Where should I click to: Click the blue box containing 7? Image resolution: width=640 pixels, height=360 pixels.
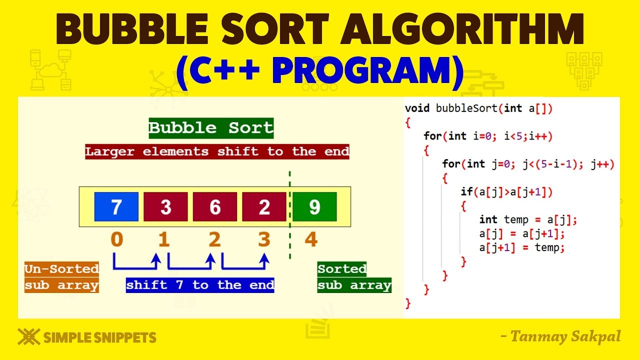[116, 206]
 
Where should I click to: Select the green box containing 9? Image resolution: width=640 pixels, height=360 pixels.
[314, 206]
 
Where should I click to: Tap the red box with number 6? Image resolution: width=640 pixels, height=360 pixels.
[215, 206]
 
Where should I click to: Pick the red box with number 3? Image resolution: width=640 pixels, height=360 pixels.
[165, 206]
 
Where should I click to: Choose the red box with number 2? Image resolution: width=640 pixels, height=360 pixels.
[264, 206]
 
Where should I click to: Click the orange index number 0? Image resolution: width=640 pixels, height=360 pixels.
[117, 240]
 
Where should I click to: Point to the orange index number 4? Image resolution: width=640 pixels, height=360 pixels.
[311, 240]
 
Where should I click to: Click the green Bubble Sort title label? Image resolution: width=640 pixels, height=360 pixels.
[211, 128]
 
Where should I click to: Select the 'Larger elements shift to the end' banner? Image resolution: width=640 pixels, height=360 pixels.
[217, 151]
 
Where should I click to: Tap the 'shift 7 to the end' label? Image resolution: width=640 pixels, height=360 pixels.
[200, 285]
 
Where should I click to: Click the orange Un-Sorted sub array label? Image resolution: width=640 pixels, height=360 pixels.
[61, 277]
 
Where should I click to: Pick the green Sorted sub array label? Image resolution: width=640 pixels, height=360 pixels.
[354, 277]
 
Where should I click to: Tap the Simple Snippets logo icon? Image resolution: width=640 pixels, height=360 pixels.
[28, 337]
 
